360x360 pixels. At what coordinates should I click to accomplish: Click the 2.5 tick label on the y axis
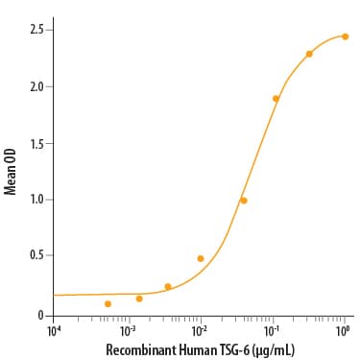point(36,30)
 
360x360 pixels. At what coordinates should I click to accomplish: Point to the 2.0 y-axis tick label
point(36,86)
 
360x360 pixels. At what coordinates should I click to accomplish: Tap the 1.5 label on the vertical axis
point(36,143)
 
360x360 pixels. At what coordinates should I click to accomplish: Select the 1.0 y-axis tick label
point(36,200)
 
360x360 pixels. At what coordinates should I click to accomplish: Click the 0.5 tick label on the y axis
point(36,255)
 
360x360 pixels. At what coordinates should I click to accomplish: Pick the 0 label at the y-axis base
point(40,316)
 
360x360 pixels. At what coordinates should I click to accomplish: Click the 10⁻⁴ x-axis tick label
point(54,331)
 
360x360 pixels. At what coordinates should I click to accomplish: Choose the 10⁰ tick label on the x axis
point(343,331)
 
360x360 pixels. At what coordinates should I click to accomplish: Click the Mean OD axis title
point(10,171)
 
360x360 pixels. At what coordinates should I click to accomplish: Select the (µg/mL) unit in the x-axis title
point(273,350)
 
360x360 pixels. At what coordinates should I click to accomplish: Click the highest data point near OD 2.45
point(345,36)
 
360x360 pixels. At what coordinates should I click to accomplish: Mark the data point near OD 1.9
point(276,99)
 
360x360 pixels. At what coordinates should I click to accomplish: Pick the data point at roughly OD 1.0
point(244,201)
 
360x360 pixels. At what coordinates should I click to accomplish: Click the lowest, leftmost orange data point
point(108,303)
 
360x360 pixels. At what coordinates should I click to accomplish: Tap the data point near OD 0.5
point(201,258)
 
